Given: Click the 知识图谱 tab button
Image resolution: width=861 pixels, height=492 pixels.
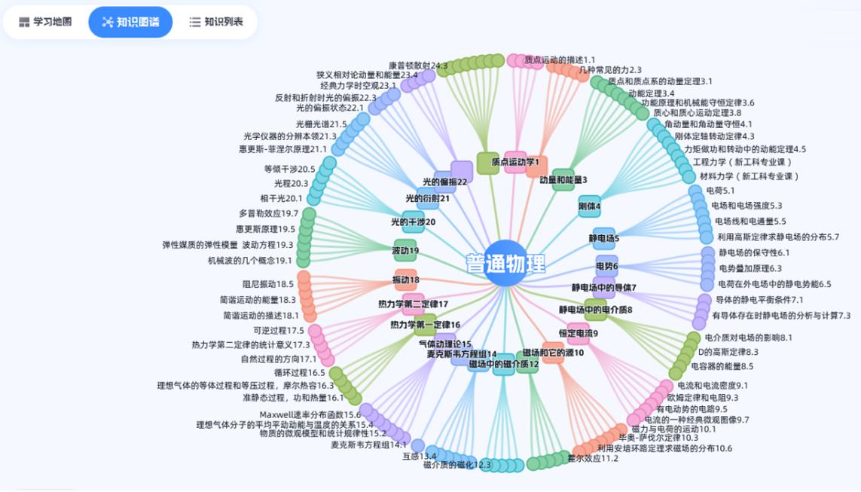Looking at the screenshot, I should tap(131, 22).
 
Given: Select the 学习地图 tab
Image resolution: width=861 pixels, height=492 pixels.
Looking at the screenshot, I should tap(45, 22).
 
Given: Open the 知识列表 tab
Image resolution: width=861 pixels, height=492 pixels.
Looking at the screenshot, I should tap(216, 22).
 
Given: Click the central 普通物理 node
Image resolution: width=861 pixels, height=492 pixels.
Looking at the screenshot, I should tap(505, 264).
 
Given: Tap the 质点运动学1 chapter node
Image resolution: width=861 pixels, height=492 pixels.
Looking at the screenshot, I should tap(515, 162).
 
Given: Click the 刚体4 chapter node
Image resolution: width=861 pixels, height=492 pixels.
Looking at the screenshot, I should tap(589, 206).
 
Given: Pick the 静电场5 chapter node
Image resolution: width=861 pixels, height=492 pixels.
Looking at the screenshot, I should tap(604, 238).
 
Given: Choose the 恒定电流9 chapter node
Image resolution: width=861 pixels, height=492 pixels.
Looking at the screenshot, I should tap(579, 333).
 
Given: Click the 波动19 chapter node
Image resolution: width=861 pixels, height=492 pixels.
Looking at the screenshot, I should tap(405, 250).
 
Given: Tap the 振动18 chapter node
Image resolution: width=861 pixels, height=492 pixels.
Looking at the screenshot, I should tap(405, 280).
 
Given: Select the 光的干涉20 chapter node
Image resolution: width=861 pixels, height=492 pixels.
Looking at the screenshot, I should tap(413, 222).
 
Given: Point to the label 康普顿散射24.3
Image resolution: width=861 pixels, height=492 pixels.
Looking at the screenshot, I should tap(418, 66).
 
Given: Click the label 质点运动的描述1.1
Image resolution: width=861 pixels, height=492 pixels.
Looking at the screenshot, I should tap(560, 60).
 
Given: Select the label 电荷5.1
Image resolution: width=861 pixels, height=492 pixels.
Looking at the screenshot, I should tap(720, 191).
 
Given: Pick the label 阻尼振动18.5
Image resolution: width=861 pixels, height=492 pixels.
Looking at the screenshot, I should tap(268, 284).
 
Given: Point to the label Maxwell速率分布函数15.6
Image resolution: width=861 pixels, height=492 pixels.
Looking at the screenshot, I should tap(310, 414).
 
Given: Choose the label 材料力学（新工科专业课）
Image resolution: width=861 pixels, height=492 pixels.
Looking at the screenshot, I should tap(749, 176).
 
